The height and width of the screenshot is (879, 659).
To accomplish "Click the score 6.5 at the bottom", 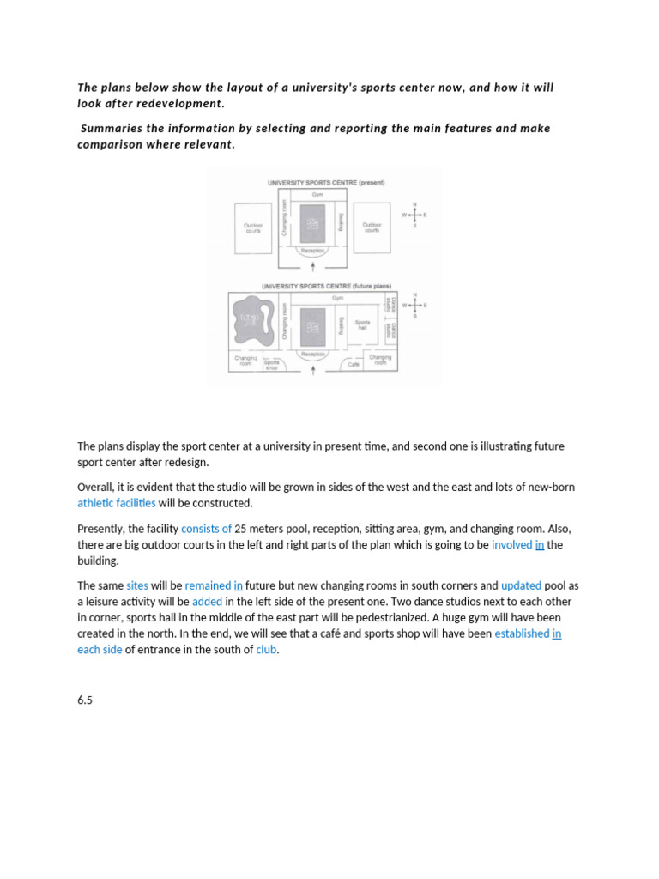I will (x=84, y=700).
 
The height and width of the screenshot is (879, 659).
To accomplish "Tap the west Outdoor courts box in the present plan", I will (x=252, y=228).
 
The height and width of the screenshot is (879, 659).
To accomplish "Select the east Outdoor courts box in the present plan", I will (x=372, y=228).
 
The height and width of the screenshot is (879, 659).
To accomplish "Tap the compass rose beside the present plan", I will (x=414, y=215).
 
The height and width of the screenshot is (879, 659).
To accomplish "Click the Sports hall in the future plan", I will (x=362, y=325).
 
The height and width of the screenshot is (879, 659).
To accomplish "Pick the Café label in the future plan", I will (x=354, y=364).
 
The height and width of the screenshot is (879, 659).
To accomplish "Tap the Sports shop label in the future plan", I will (x=272, y=364).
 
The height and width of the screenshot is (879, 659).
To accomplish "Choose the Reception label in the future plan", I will (x=312, y=354).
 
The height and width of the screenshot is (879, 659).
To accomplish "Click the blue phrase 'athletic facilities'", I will (x=117, y=503).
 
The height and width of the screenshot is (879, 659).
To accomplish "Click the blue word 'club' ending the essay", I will (x=266, y=650).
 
